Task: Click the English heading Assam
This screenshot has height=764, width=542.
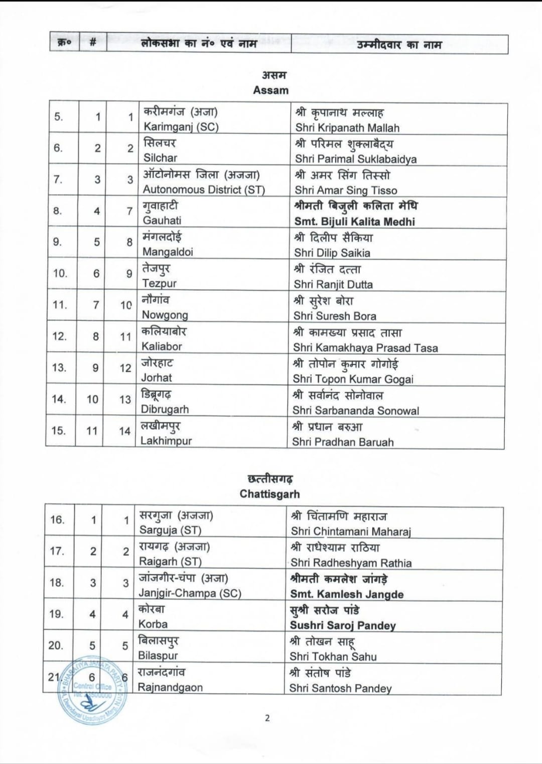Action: coord(270,90)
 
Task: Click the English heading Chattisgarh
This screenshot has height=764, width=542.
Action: coord(269,494)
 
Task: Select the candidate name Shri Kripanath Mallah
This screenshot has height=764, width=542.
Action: coord(347,128)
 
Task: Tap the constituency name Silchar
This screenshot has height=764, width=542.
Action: coord(160,158)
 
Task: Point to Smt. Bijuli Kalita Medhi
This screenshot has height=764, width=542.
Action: coord(354,222)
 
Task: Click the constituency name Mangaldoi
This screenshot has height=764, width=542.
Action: coord(168,252)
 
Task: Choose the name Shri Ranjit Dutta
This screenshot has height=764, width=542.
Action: coord(333,284)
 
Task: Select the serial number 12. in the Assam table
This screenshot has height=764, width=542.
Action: coord(59,336)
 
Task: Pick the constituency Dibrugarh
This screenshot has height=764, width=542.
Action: coord(165,409)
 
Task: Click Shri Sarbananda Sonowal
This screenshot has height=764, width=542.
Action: coord(356,411)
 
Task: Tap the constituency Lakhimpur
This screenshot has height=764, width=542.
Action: coord(166,441)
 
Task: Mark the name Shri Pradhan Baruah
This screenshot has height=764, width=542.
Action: coord(343,442)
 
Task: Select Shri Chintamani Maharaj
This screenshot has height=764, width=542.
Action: coord(351,531)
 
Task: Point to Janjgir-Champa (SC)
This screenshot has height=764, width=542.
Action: coord(190,593)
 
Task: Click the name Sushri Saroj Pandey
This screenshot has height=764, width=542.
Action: coord(343,625)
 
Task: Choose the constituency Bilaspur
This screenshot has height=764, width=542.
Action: coord(158,656)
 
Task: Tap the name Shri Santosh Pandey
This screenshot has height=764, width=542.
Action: coord(340,688)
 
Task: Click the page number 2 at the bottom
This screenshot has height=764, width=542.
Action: coord(267,718)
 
